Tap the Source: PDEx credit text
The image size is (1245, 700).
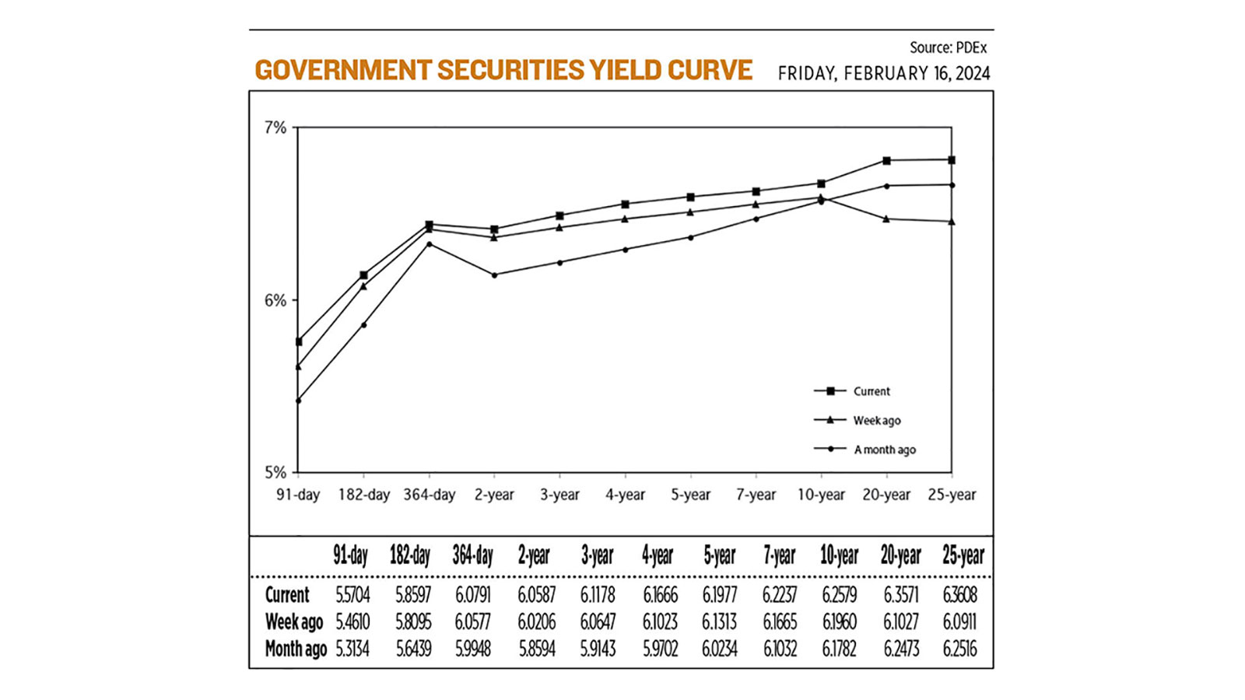[x=948, y=47]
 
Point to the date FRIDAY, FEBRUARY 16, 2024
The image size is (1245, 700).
[x=884, y=74]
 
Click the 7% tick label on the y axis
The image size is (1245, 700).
[x=275, y=128]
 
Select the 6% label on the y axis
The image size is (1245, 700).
[x=275, y=300]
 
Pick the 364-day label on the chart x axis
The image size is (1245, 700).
[x=429, y=495]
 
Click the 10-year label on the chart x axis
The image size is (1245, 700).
[x=821, y=495]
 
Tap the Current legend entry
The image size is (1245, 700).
[x=871, y=391]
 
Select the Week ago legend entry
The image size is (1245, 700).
[x=876, y=421]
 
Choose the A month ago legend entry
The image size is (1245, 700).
[x=884, y=450]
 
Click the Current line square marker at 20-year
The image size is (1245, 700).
[x=886, y=161]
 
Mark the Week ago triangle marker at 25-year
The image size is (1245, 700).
[x=952, y=222]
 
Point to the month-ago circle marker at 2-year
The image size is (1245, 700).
[x=494, y=275]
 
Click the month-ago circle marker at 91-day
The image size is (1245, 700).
[x=298, y=401]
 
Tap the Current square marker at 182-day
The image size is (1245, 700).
[x=363, y=275]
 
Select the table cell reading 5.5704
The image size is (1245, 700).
[x=352, y=596]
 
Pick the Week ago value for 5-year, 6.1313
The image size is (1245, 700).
[x=719, y=622]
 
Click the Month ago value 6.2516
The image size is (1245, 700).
[x=959, y=649]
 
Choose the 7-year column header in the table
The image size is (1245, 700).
[x=779, y=555]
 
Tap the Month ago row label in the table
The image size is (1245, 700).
[x=296, y=649]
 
